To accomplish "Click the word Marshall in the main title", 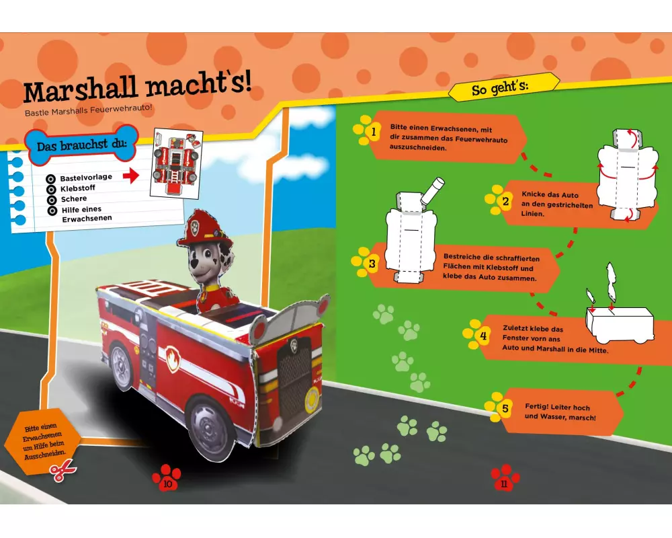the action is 80,89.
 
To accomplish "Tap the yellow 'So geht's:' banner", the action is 504,87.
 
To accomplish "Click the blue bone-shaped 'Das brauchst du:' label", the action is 81,145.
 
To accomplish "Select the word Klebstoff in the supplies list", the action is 77,188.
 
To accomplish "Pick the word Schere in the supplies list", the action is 74,199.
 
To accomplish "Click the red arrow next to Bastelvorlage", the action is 131,175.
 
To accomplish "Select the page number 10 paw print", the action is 167,477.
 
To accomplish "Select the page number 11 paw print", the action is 505,477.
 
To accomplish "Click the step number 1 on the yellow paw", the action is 373,132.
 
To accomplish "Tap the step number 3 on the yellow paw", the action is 372,264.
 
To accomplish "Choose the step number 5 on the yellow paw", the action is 505,408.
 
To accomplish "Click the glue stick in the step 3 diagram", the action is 432,191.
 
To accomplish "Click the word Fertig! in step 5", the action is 536,406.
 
